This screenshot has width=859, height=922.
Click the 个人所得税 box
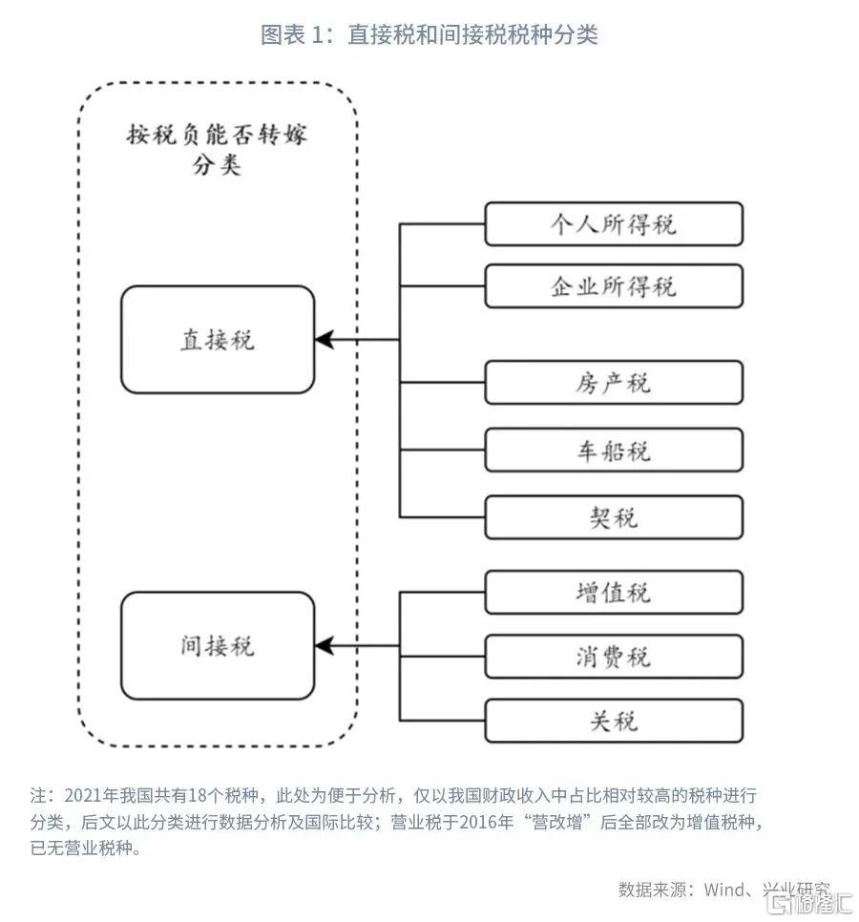(613, 224)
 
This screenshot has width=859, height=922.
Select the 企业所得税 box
(613, 286)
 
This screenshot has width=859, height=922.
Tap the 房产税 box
(613, 383)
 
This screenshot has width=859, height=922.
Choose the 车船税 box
(613, 450)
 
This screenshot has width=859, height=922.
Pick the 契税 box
(613, 517)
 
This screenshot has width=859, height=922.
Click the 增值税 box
(613, 592)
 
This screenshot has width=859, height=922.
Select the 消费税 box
(613, 657)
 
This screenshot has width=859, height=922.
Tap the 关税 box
(613, 721)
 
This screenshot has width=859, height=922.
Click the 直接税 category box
(218, 340)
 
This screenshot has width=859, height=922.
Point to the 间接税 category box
(218, 646)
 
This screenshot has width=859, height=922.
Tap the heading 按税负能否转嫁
(218, 135)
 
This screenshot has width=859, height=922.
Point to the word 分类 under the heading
(217, 166)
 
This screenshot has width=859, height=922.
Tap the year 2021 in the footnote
(82, 795)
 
